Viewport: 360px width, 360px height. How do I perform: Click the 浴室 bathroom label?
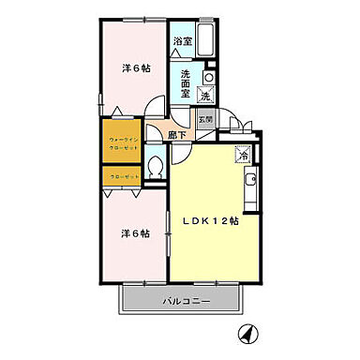182,42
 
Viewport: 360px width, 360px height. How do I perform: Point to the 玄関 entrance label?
205,119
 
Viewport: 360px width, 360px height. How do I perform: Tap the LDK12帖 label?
210,221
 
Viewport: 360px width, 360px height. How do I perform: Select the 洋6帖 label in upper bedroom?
136,68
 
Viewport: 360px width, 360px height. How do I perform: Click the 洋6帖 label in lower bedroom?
134,233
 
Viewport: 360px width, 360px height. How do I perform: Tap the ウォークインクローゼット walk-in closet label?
119,145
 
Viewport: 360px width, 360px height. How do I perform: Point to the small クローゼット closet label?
119,174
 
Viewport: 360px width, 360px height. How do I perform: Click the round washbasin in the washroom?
209,77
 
